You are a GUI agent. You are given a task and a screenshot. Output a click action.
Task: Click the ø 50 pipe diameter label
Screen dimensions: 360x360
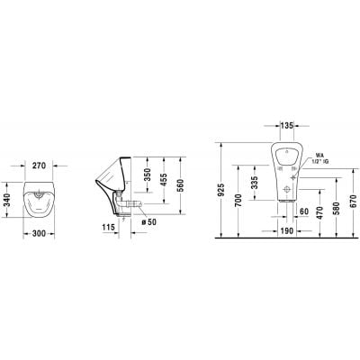148,220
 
